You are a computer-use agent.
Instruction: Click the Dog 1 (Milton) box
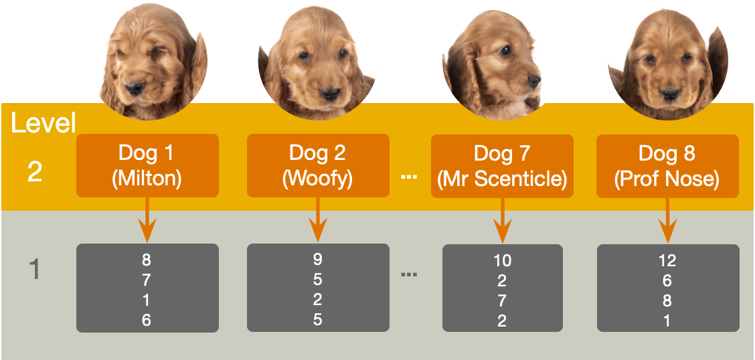147,165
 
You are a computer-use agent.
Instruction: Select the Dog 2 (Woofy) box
317,165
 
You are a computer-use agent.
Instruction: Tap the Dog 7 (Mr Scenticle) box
501,165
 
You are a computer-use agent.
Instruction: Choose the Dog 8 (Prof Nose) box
667,165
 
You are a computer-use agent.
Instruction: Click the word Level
44,123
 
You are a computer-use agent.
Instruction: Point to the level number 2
35,172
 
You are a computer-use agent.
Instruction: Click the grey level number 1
35,270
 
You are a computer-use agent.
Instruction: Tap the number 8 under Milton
147,260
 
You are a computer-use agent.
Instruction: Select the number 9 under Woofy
317,259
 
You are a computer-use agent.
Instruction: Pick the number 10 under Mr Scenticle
502,260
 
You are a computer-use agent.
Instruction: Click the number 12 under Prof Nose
667,260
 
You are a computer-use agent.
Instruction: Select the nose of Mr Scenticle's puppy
533,81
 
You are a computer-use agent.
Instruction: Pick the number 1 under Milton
147,300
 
